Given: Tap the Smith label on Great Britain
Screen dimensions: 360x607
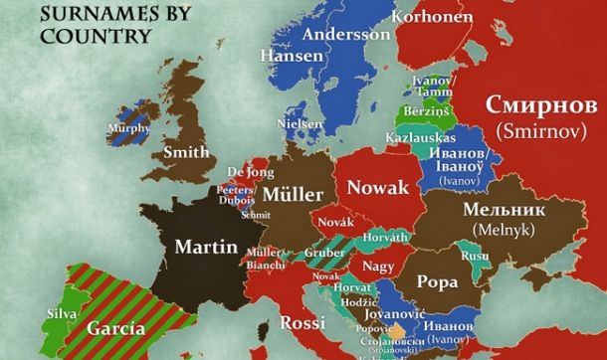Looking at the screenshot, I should tap(187, 153).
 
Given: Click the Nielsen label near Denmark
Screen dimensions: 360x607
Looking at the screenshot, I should tap(302, 122).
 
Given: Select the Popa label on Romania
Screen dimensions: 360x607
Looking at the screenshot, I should tap(437, 281).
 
